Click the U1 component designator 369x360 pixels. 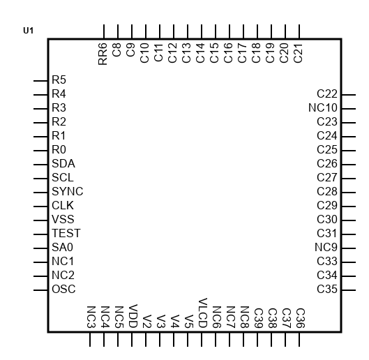click(28, 31)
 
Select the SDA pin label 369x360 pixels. click(63, 164)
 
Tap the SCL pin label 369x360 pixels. click(63, 177)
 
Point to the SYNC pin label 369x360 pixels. click(67, 191)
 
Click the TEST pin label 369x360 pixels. click(66, 233)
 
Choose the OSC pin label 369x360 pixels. click(63, 289)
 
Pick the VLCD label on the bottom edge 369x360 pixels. click(202, 313)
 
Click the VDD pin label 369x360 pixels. click(133, 316)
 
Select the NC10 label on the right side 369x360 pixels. click(323, 108)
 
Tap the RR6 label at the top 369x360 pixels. click(103, 54)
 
